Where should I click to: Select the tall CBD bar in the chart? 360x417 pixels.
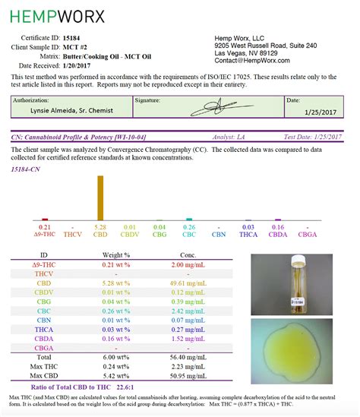100,197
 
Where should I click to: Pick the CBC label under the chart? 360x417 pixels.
189,235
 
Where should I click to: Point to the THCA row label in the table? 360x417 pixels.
45,330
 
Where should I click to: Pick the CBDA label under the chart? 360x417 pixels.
277,235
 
